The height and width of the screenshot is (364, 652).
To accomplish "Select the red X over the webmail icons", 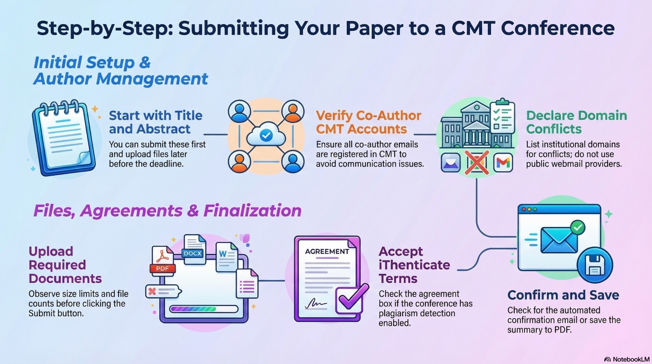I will pyautogui.click(x=477, y=162).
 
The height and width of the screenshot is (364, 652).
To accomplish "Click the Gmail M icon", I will pyautogui.click(x=503, y=163).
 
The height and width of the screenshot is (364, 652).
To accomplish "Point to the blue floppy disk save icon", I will pyautogui.click(x=595, y=265).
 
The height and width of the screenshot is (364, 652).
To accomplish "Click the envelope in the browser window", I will pyautogui.click(x=559, y=240).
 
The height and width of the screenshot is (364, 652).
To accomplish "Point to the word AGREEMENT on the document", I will pyautogui.click(x=327, y=251).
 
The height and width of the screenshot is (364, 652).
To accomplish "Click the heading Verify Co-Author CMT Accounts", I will pyautogui.click(x=368, y=122).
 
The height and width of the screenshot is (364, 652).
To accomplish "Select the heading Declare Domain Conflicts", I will pyautogui.click(x=576, y=122).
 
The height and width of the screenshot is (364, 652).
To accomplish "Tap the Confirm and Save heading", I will pyautogui.click(x=563, y=295).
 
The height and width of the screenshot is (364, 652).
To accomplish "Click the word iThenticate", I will pyautogui.click(x=414, y=265).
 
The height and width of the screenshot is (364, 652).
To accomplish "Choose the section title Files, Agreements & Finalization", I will pyautogui.click(x=167, y=211).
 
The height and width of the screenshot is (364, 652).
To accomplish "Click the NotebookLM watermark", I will pyautogui.click(x=627, y=359).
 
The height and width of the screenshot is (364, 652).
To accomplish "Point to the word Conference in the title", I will pyautogui.click(x=557, y=28).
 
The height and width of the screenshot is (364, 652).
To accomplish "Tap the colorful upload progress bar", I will pyautogui.click(x=204, y=309).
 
